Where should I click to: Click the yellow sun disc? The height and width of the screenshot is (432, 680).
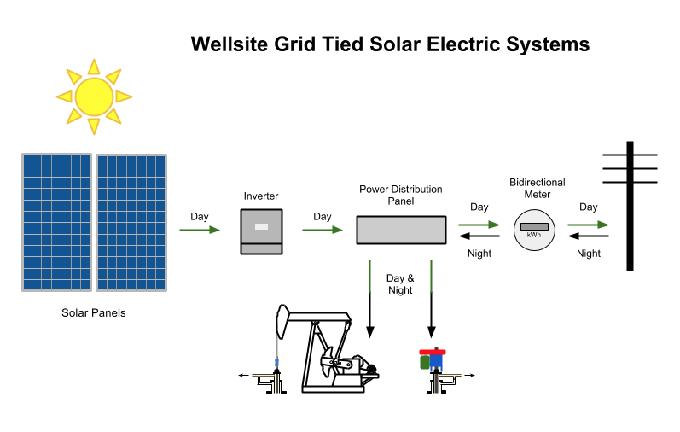pyautogui.click(x=94, y=96)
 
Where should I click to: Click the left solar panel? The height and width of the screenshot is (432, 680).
pyautogui.click(x=56, y=222)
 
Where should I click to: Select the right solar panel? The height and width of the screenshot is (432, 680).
pyautogui.click(x=131, y=222)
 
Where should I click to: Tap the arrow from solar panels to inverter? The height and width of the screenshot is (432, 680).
pyautogui.click(x=200, y=230)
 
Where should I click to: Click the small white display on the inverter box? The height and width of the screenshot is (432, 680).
pyautogui.click(x=261, y=226)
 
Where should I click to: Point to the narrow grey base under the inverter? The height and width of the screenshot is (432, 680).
pyautogui.click(x=261, y=248)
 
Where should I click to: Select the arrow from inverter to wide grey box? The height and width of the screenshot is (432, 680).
pyautogui.click(x=323, y=230)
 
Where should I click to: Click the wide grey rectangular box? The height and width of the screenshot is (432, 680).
pyautogui.click(x=401, y=230)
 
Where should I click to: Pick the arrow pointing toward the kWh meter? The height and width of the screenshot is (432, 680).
pyautogui.click(x=479, y=225)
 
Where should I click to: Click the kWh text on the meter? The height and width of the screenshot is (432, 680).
pyautogui.click(x=534, y=235)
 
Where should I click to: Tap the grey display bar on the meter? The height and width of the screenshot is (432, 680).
pyautogui.click(x=534, y=226)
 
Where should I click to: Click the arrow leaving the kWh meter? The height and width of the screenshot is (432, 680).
pyautogui.click(x=589, y=225)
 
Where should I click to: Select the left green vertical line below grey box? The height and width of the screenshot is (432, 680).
pyautogui.click(x=369, y=276)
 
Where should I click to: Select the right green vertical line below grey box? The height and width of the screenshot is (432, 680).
pyautogui.click(x=431, y=276)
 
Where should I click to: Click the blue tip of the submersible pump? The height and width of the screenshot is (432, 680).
pyautogui.click(x=276, y=363)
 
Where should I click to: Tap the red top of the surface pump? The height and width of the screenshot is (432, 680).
pyautogui.click(x=433, y=352)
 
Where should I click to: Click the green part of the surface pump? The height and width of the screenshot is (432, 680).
pyautogui.click(x=424, y=362)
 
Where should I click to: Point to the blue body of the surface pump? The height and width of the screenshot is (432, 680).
pyautogui.click(x=436, y=362)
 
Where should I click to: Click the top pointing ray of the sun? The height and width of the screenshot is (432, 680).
pyautogui.click(x=94, y=66)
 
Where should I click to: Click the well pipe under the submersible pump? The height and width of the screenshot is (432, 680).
pyautogui.click(x=276, y=384)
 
